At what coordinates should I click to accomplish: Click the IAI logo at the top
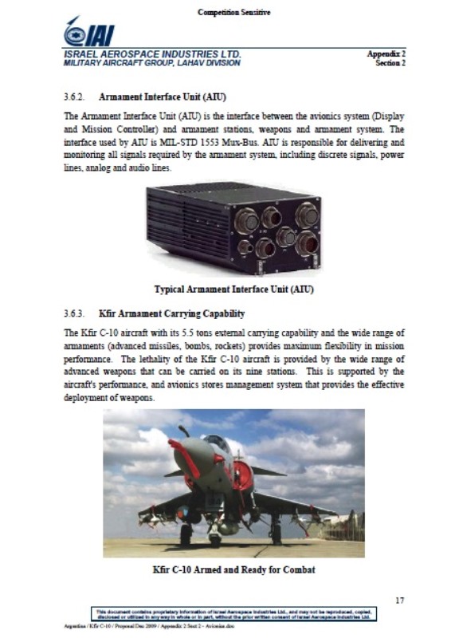point(88,32)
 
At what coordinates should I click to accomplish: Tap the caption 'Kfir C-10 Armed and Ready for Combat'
point(233,570)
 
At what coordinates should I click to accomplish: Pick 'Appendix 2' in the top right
point(386,53)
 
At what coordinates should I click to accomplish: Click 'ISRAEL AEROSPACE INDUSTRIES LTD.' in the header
point(152,53)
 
